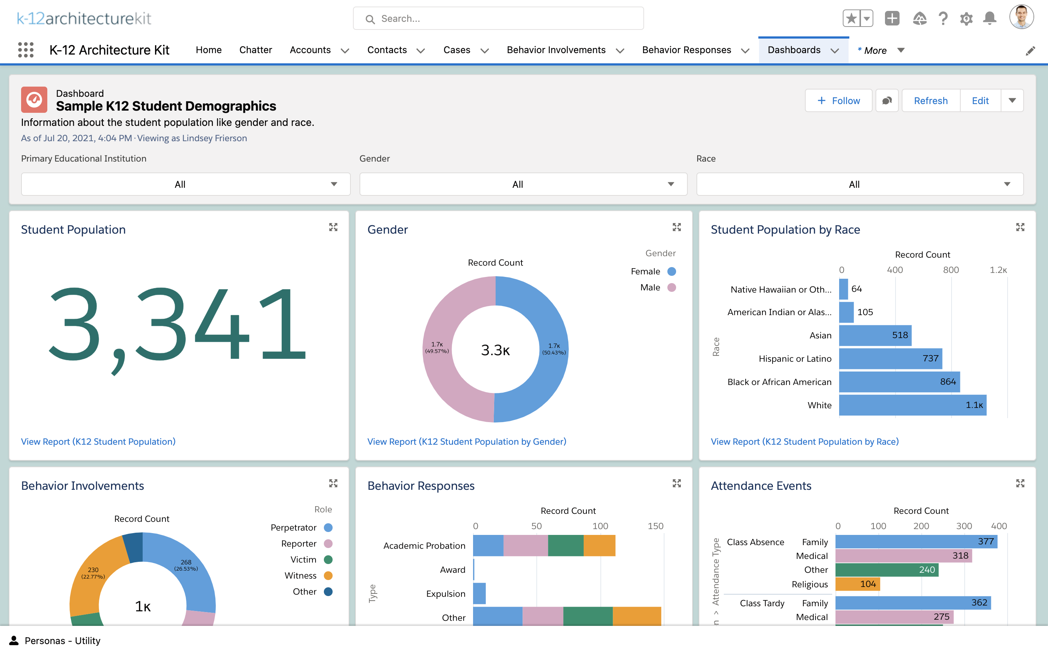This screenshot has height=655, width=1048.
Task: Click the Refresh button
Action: coord(930,101)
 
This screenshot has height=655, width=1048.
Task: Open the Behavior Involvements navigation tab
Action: coord(556,50)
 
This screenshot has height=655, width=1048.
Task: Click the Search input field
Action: coord(498,19)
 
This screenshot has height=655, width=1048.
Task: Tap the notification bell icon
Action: coord(989,19)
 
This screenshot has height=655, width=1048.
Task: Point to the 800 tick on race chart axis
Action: coord(950,270)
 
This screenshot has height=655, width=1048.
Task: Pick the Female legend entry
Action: coord(652,271)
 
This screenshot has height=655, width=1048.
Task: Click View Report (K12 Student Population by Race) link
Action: coord(804,441)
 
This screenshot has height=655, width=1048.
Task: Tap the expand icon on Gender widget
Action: coord(676,227)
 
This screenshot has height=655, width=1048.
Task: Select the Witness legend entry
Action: coord(308,576)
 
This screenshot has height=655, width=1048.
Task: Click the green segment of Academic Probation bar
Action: coord(565,546)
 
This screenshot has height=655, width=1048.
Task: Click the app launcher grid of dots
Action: coord(26,50)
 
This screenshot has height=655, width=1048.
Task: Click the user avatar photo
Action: coord(1021,18)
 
